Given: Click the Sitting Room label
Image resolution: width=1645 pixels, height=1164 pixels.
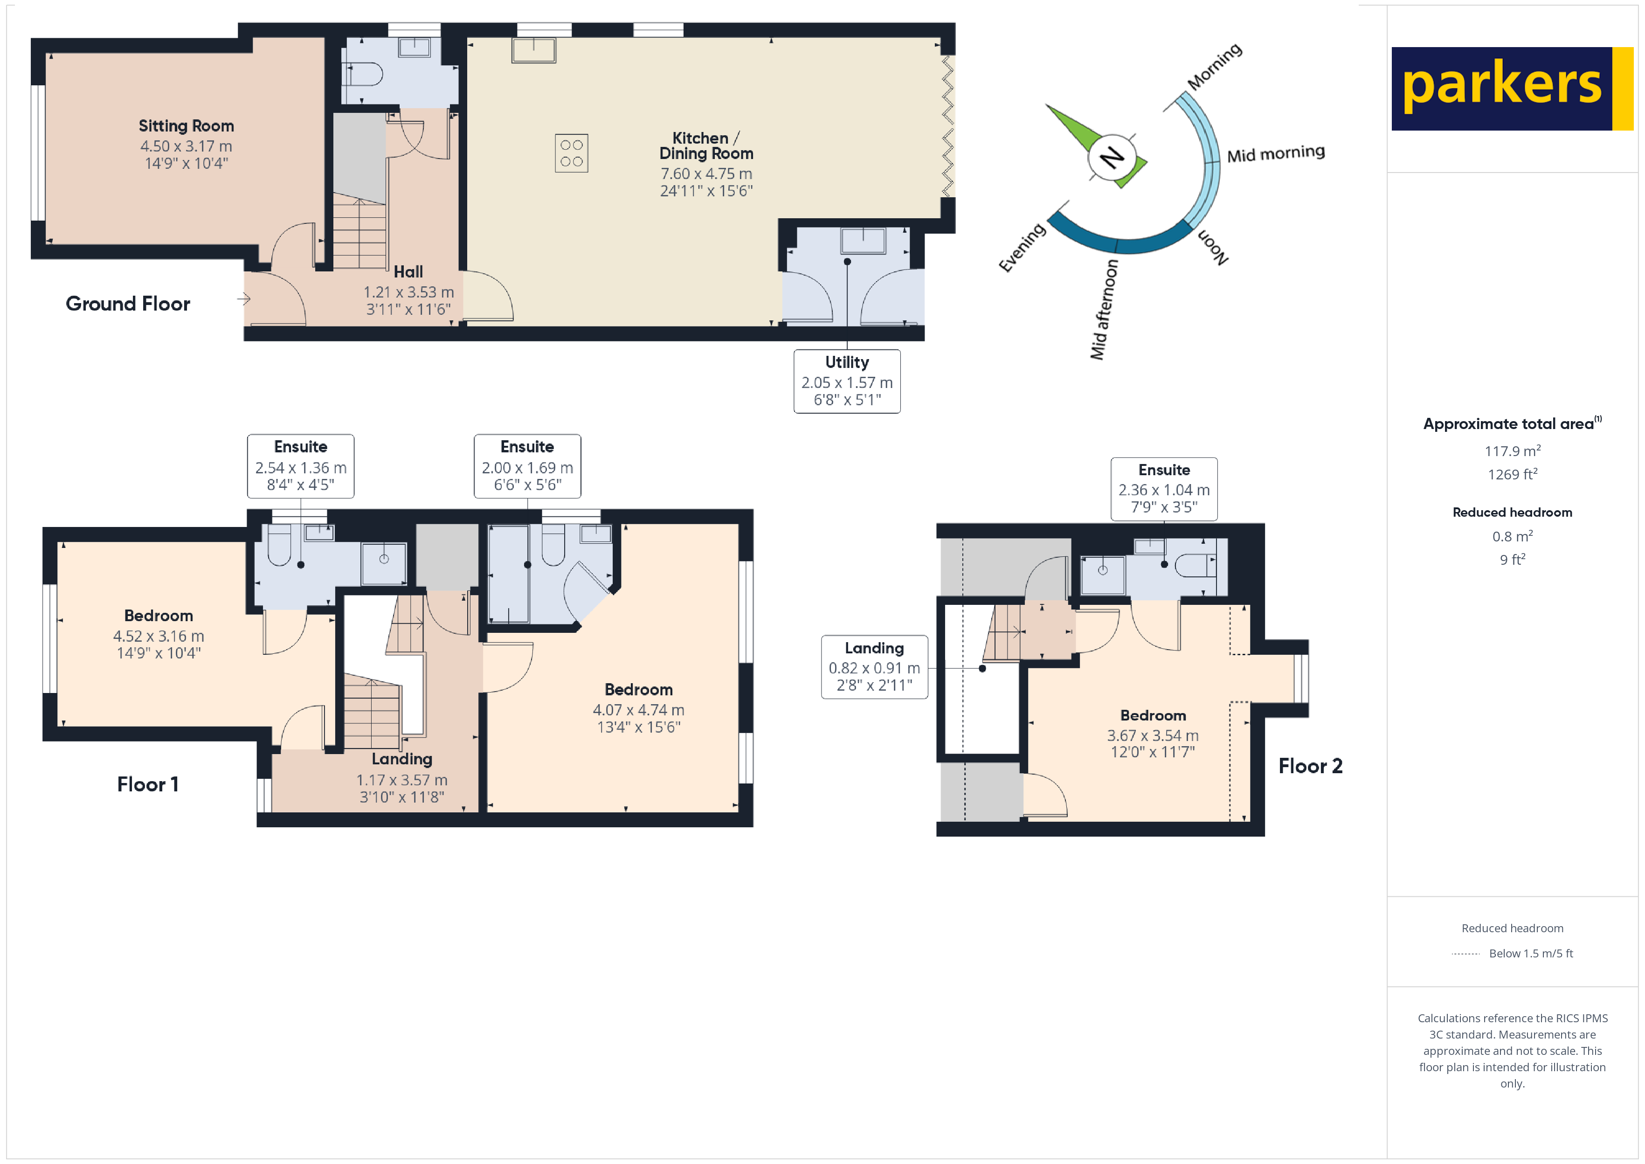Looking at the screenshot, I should pos(187,126).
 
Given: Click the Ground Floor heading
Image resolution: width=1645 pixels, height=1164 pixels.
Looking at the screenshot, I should pos(128,304).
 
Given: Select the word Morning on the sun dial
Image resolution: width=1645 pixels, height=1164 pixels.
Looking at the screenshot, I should pos(1215,67).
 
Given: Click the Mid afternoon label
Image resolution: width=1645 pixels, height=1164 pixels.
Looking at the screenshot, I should pos(1103,310).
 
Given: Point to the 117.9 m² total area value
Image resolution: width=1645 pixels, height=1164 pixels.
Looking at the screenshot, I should pos(1512,451).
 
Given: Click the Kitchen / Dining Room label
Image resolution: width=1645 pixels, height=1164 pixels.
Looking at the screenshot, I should pos(706,145).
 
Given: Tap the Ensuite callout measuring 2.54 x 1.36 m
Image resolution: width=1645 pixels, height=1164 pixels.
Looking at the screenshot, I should pos(300,466).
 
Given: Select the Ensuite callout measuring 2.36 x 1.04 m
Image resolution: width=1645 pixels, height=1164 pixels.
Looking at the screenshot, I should pos(1163,489).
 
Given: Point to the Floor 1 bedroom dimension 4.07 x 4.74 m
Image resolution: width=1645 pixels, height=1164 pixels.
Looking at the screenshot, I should pos(638,710).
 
